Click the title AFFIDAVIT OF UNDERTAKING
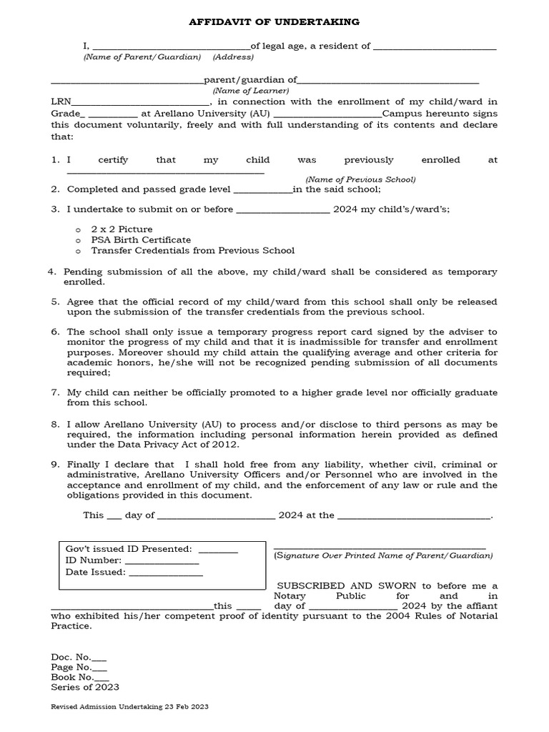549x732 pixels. click(x=274, y=23)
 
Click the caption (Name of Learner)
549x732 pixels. click(x=250, y=91)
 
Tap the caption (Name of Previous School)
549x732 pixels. click(x=360, y=179)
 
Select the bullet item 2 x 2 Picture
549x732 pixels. click(x=122, y=229)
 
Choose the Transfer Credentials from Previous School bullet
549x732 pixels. click(x=192, y=250)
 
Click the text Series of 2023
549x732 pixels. click(x=85, y=688)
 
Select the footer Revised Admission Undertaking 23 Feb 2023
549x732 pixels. click(x=129, y=706)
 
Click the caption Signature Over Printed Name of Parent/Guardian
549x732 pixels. click(x=383, y=555)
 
